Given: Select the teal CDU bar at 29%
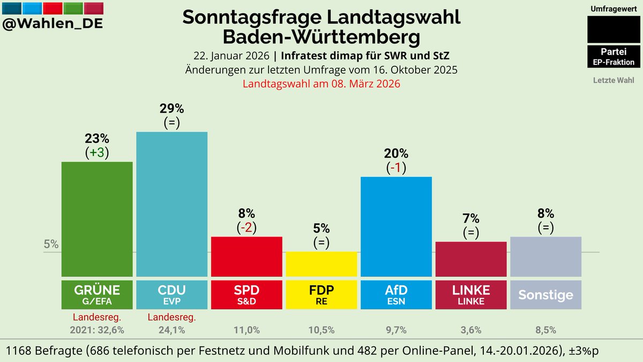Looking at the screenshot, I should (x=171, y=203).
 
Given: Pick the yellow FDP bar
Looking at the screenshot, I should (x=322, y=263).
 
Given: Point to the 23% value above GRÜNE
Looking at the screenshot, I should (x=97, y=138).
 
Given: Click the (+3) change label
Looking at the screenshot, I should (x=97, y=153).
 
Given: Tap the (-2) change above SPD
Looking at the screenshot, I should (x=246, y=227).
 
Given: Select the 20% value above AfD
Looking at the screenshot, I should (x=397, y=153).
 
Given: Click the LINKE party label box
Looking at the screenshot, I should (x=471, y=294).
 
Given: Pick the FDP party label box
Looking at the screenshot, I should (x=322, y=294).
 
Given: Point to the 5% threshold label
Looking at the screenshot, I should (x=51, y=244).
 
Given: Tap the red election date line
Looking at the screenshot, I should (x=322, y=84).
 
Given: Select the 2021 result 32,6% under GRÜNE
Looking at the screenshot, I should (x=97, y=330).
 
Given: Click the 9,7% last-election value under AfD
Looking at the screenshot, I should (x=397, y=330).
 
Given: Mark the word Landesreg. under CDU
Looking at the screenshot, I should (x=171, y=317).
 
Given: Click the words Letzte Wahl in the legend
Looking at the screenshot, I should (x=613, y=80).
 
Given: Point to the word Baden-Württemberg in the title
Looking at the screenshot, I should (x=322, y=37).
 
